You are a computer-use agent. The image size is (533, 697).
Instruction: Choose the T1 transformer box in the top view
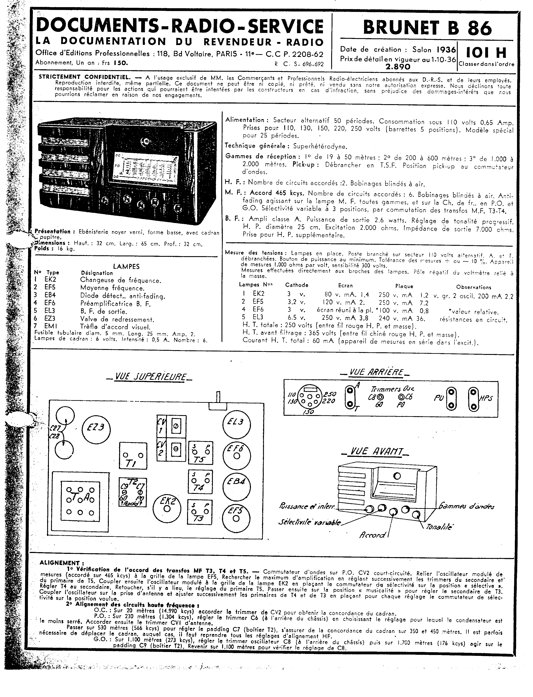(133, 456)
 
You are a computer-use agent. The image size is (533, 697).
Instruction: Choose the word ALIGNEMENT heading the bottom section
(59, 563)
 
